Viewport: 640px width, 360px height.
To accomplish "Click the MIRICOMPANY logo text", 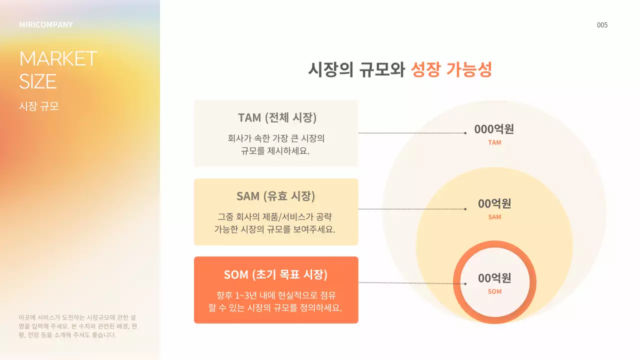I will coord(46,24).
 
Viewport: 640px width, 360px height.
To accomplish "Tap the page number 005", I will coord(602,25).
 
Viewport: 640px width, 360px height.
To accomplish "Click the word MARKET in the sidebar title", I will coord(58,58).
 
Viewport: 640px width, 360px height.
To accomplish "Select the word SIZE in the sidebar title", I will coord(38,81).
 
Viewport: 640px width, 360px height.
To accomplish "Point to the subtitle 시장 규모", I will coord(38,106).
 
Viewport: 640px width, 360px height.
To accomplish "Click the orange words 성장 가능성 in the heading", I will coord(451,69).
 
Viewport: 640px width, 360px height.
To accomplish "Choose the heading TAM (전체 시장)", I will coord(276,117).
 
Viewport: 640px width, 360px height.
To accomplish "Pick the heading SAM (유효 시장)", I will coord(276,195).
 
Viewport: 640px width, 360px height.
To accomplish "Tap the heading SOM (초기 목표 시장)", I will coord(276,274).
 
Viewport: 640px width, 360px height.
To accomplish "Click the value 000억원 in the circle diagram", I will coord(494,129).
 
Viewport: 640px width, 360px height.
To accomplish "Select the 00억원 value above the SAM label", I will coord(494,203).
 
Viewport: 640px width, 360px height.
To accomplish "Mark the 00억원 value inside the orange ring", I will coord(494,278).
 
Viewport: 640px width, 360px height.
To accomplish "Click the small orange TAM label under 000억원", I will coord(494,142).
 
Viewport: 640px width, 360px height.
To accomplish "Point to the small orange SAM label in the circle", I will coord(494,217).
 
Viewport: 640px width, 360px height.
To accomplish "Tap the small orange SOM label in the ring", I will coord(494,291).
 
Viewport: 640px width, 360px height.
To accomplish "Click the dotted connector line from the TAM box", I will coord(412,133).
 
